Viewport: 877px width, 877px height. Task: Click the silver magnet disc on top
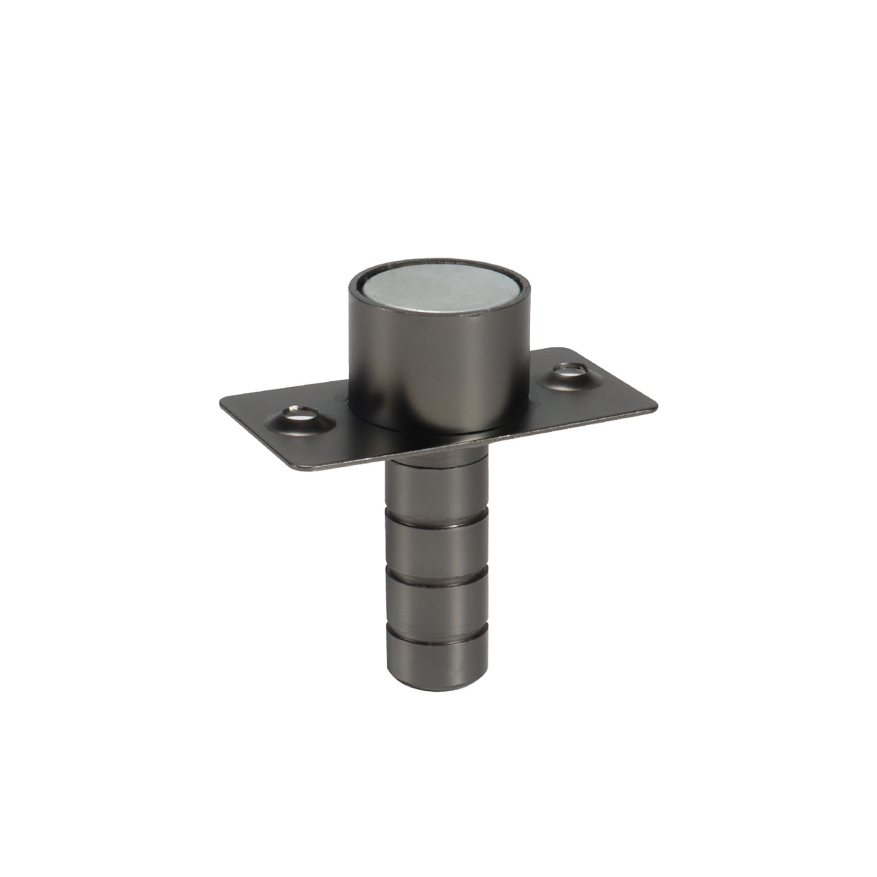click(x=439, y=293)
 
